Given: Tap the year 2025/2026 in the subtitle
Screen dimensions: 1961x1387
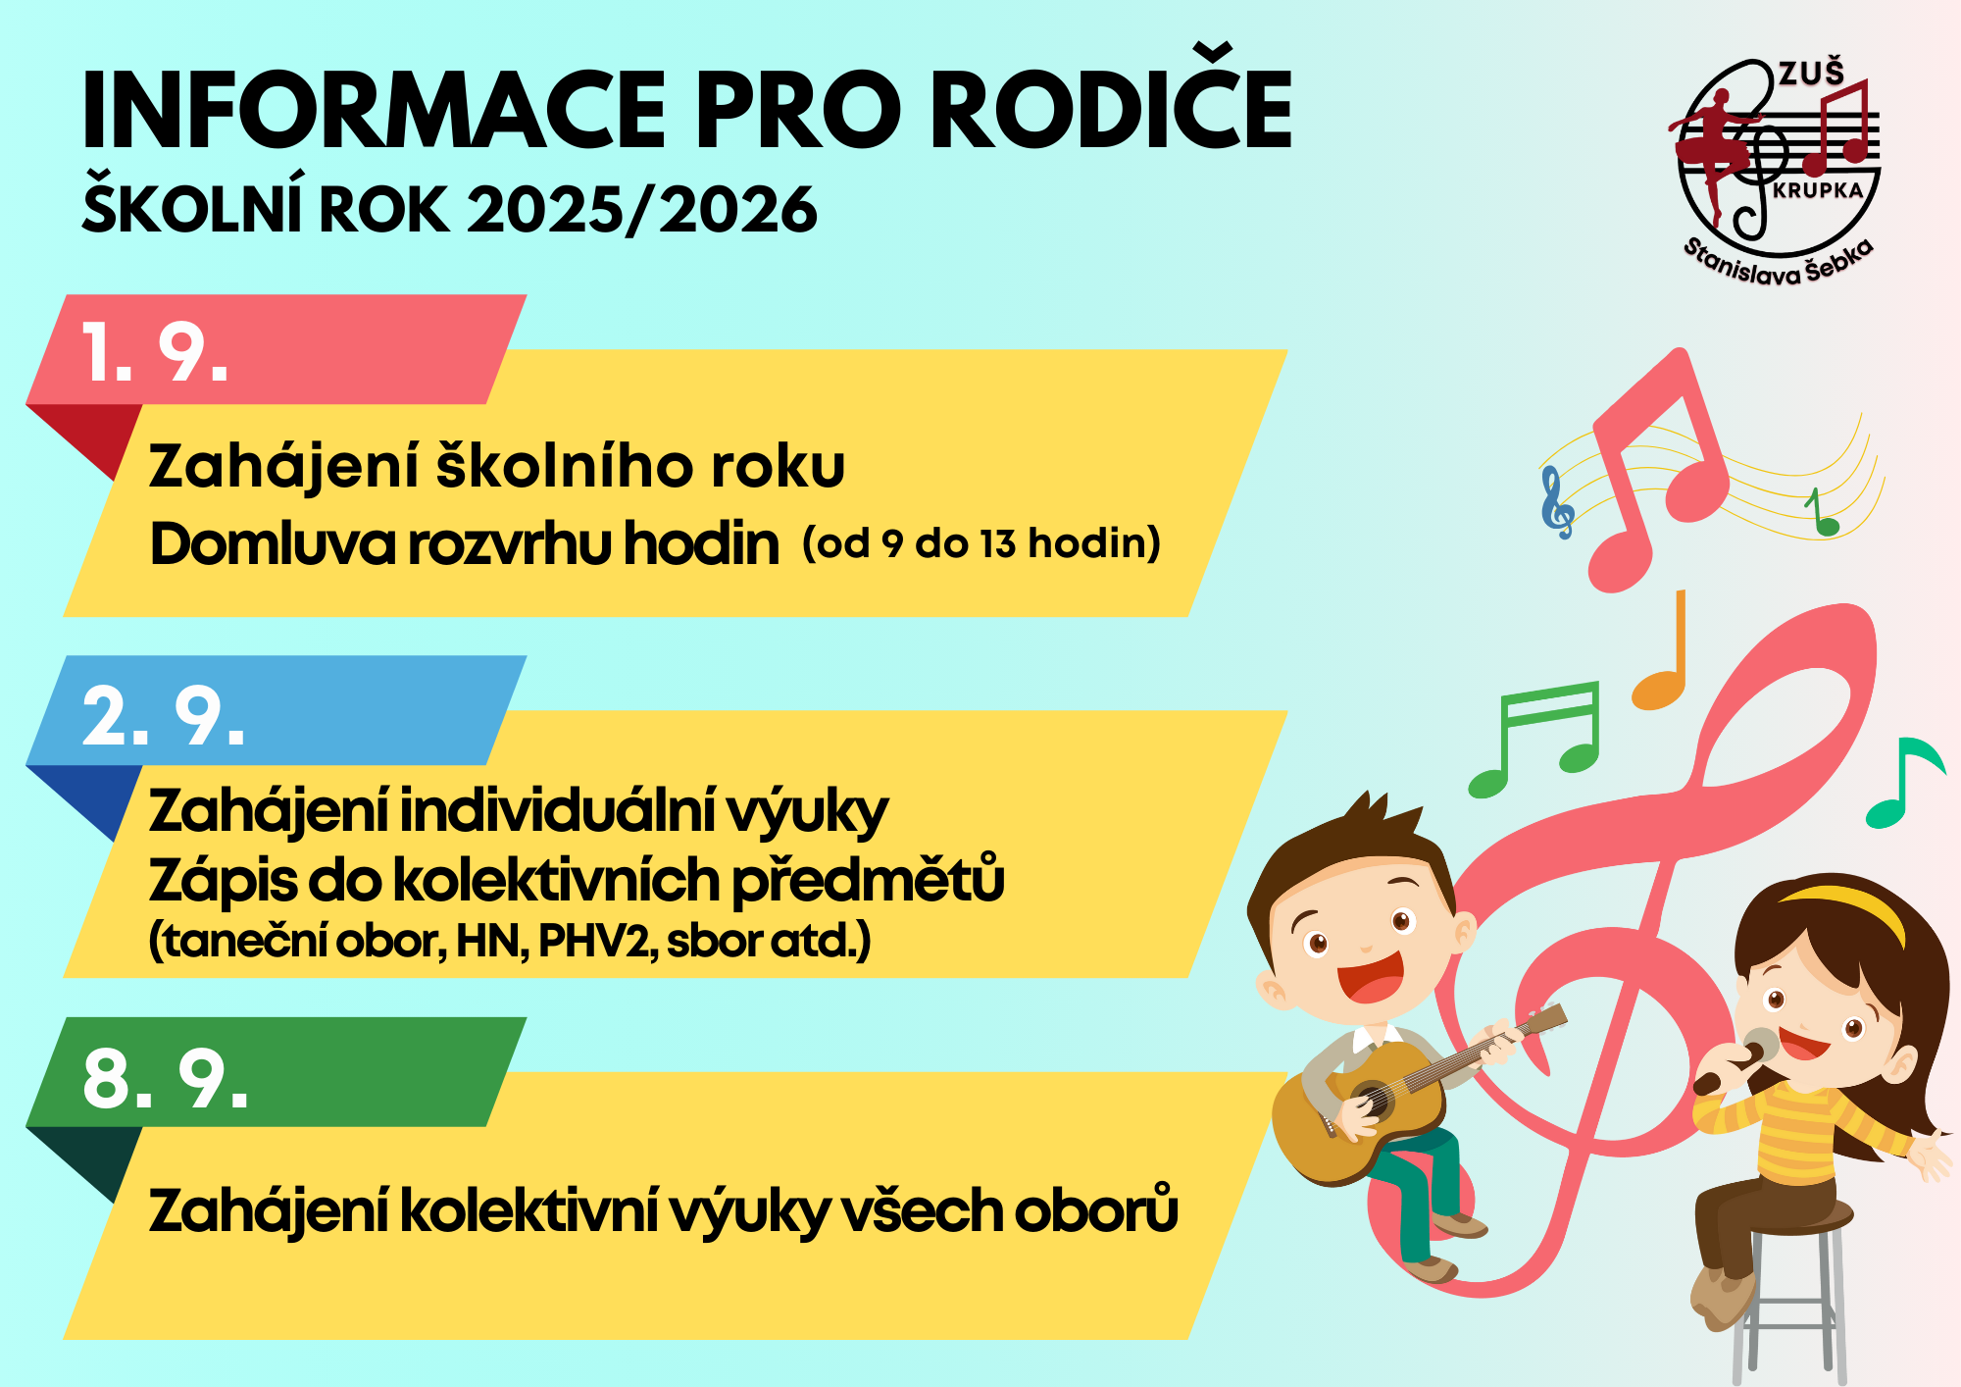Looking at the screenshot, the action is click(641, 210).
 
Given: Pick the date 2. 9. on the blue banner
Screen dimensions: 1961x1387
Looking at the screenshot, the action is click(163, 716).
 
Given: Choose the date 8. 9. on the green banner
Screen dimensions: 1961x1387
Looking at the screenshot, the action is click(165, 1078).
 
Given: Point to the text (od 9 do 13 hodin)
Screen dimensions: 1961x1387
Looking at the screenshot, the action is click(981, 542).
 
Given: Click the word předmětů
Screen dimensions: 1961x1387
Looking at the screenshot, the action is click(869, 880).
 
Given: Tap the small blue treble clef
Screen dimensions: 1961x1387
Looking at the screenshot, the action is click(1557, 502).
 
